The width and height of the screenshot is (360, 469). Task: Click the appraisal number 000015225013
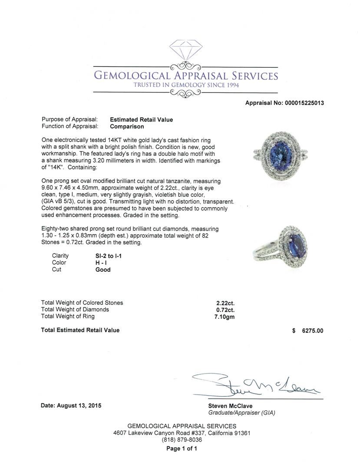[x=304, y=103]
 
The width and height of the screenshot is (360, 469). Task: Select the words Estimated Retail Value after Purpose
[x=141, y=120]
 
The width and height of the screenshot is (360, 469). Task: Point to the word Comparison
[x=127, y=127]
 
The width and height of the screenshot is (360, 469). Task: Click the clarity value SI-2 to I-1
[x=109, y=256]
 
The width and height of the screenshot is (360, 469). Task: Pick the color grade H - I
[x=102, y=263]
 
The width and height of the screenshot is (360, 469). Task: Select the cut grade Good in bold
[x=103, y=270]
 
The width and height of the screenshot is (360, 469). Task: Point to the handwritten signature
[x=256, y=384]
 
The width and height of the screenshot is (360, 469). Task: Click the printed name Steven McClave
[x=230, y=406]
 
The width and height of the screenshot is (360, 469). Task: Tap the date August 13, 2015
[x=70, y=406]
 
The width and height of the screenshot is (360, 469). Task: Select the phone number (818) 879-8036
[x=182, y=440]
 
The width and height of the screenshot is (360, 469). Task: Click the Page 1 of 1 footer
[x=182, y=449]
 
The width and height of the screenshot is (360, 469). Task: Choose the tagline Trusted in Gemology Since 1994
[x=186, y=85]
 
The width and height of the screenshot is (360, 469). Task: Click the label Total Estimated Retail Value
[x=80, y=330]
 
